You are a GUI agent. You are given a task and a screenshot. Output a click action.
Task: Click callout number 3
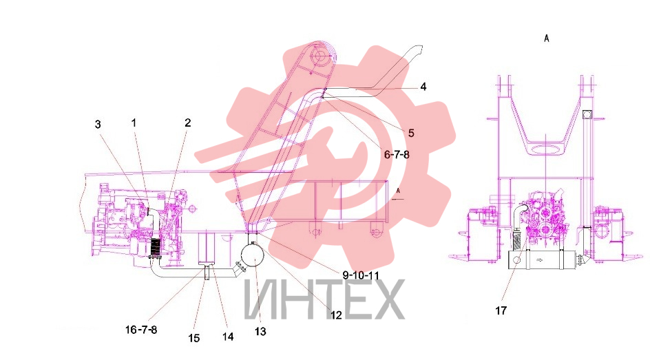pyautogui.click(x=98, y=125)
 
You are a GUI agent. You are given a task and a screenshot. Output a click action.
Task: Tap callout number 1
pyautogui.click(x=134, y=123)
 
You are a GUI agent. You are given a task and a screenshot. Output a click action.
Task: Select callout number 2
pyautogui.click(x=188, y=123)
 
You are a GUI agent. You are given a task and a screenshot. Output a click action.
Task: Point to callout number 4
pyautogui.click(x=423, y=87)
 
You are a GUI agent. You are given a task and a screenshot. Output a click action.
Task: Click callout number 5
pyautogui.click(x=411, y=133)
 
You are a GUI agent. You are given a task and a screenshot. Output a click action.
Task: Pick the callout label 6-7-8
pyautogui.click(x=397, y=154)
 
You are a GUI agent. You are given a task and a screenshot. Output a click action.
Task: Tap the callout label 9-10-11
pyautogui.click(x=361, y=275)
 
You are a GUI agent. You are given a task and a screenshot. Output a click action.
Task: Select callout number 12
pyautogui.click(x=336, y=315)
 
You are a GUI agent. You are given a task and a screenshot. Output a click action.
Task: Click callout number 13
pyautogui.click(x=260, y=331)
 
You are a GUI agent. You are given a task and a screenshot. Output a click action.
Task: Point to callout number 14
pyautogui.click(x=228, y=337)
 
